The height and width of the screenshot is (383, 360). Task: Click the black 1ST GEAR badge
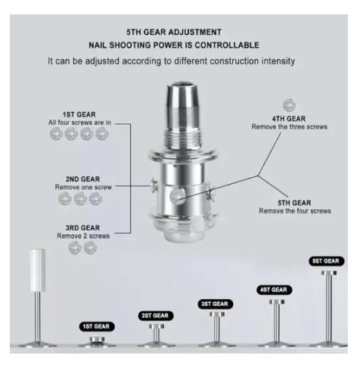pyautogui.click(x=97, y=326)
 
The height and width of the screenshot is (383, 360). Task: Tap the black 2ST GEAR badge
pyautogui.click(x=156, y=316)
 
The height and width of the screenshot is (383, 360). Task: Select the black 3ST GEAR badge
pyautogui.click(x=215, y=304)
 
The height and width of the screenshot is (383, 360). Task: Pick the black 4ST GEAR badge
pyautogui.click(x=275, y=290)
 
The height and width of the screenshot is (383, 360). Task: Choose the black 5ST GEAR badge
pyautogui.click(x=326, y=261)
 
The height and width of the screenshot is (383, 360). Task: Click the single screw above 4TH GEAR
pyautogui.click(x=289, y=105)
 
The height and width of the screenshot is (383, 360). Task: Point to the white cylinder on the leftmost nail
pyautogui.click(x=37, y=270)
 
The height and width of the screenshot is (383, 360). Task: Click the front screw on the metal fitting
pyautogui.click(x=177, y=196)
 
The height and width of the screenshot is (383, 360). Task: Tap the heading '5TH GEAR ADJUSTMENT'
pyautogui.click(x=174, y=33)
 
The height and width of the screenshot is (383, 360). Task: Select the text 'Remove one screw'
pyautogui.click(x=83, y=187)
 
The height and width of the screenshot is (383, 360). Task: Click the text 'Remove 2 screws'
pyautogui.click(x=83, y=236)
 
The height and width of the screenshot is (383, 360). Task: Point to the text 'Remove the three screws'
pyautogui.click(x=290, y=126)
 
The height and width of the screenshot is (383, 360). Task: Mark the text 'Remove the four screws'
pyautogui.click(x=295, y=211)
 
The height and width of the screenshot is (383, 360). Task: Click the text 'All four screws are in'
pyautogui.click(x=79, y=123)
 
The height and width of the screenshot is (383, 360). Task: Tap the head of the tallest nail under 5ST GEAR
pyautogui.click(x=329, y=272)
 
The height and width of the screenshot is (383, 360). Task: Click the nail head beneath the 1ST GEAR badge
pyautogui.click(x=97, y=339)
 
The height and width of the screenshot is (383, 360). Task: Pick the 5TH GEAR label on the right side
pyautogui.click(x=294, y=203)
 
